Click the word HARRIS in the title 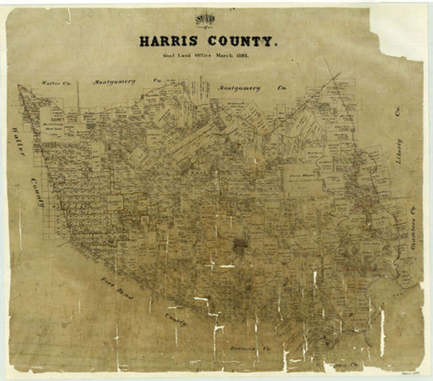168,41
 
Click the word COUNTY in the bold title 241,41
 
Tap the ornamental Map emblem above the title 205,20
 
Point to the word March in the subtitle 223,56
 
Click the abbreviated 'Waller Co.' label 56,83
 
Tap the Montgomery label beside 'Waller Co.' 114,82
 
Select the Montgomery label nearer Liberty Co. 239,88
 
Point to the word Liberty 399,151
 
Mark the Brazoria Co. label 250,348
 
